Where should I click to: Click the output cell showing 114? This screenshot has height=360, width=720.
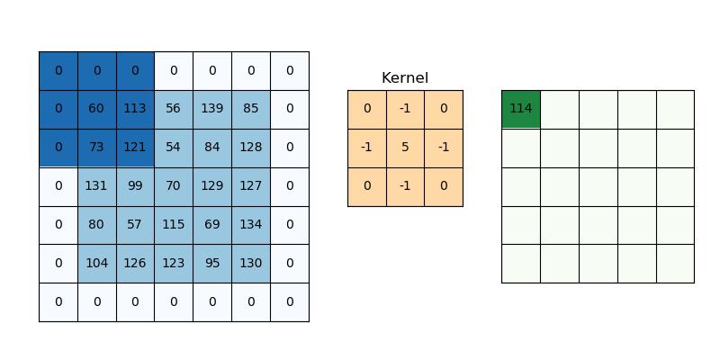(x=520, y=109)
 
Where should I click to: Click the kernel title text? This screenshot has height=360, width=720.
(x=405, y=78)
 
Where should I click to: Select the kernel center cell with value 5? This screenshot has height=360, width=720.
(x=405, y=148)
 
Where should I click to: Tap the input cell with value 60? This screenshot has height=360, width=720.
(x=96, y=109)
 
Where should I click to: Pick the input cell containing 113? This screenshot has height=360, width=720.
(x=135, y=109)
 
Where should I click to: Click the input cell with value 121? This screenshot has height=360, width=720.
(x=135, y=148)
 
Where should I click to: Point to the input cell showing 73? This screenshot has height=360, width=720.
(x=96, y=148)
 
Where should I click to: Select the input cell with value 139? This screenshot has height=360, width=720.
(x=212, y=109)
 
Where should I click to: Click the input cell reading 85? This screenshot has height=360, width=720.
(x=251, y=109)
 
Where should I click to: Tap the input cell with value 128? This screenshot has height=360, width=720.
(x=251, y=148)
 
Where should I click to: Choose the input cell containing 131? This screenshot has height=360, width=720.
(x=96, y=186)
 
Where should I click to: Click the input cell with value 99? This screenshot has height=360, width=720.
(x=135, y=186)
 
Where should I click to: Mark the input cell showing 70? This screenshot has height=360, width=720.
(x=174, y=186)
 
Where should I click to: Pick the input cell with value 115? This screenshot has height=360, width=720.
(x=174, y=225)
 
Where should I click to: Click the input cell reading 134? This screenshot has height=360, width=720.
(x=251, y=225)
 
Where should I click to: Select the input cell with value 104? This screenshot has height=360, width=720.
(x=96, y=264)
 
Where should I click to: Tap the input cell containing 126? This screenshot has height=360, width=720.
(x=135, y=264)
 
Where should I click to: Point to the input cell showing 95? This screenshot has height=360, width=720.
(x=212, y=264)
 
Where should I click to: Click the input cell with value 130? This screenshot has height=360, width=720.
(x=251, y=264)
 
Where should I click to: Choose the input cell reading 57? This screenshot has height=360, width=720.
(x=135, y=225)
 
